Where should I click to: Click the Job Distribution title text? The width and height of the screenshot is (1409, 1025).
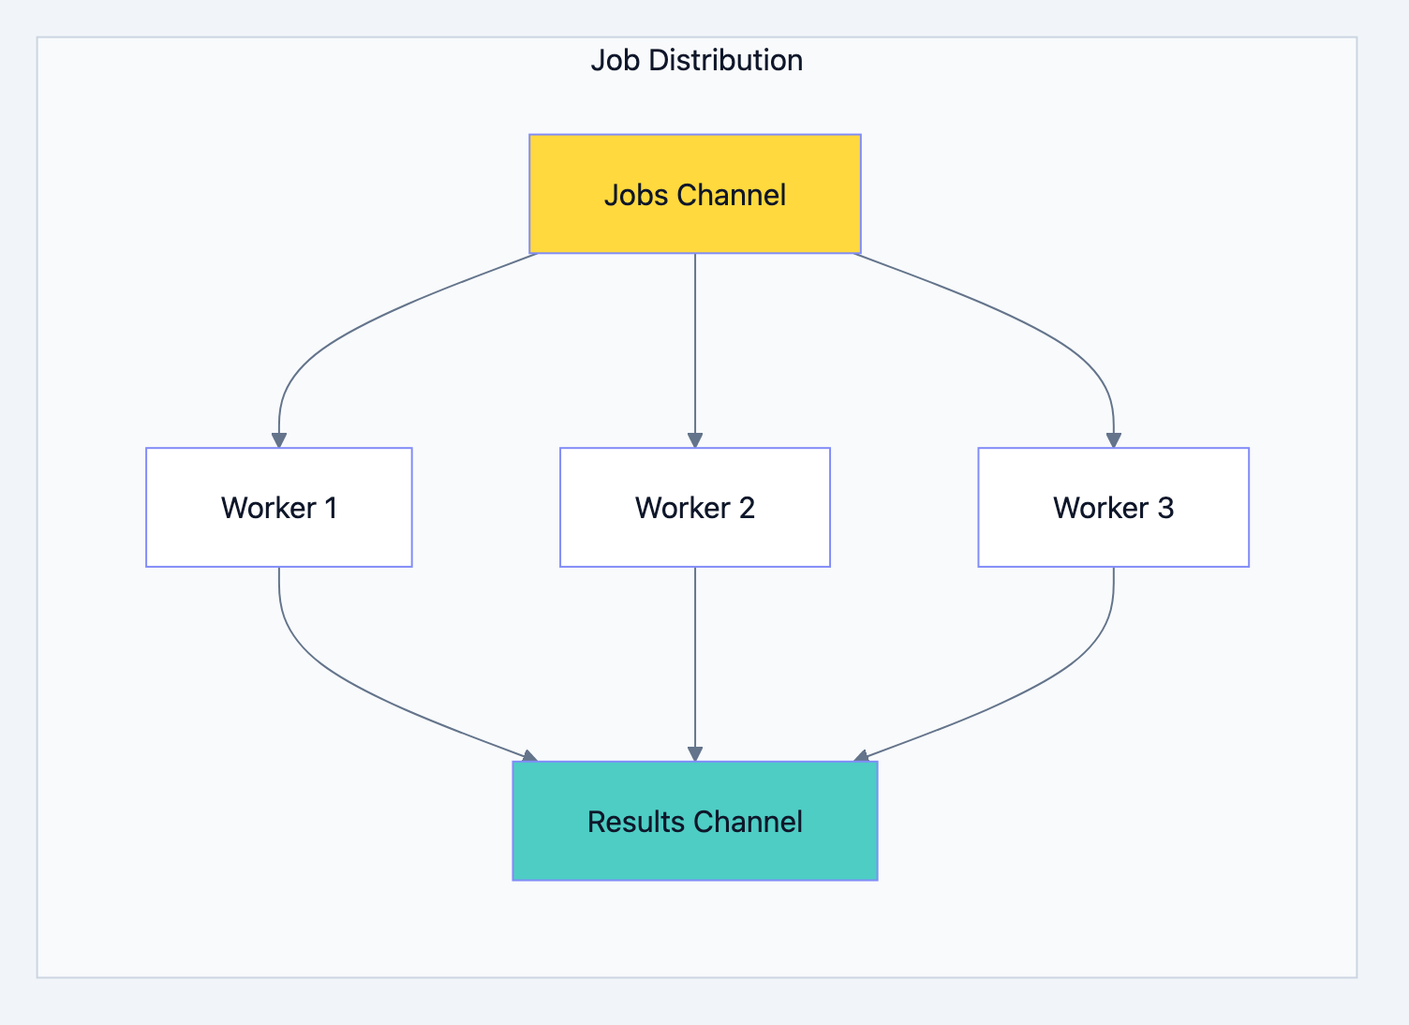pyautogui.click(x=696, y=60)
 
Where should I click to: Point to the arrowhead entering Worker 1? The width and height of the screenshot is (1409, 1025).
pyautogui.click(x=278, y=440)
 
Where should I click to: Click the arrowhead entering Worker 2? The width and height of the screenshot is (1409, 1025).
pyautogui.click(x=694, y=440)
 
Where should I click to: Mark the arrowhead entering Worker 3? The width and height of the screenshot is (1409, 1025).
pyautogui.click(x=1113, y=440)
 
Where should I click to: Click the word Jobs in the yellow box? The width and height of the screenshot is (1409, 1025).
pyautogui.click(x=636, y=195)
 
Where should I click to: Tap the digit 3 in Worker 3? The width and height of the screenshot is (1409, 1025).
pyautogui.click(x=1164, y=508)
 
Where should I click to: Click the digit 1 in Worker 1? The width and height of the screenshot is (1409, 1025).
pyautogui.click(x=330, y=508)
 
